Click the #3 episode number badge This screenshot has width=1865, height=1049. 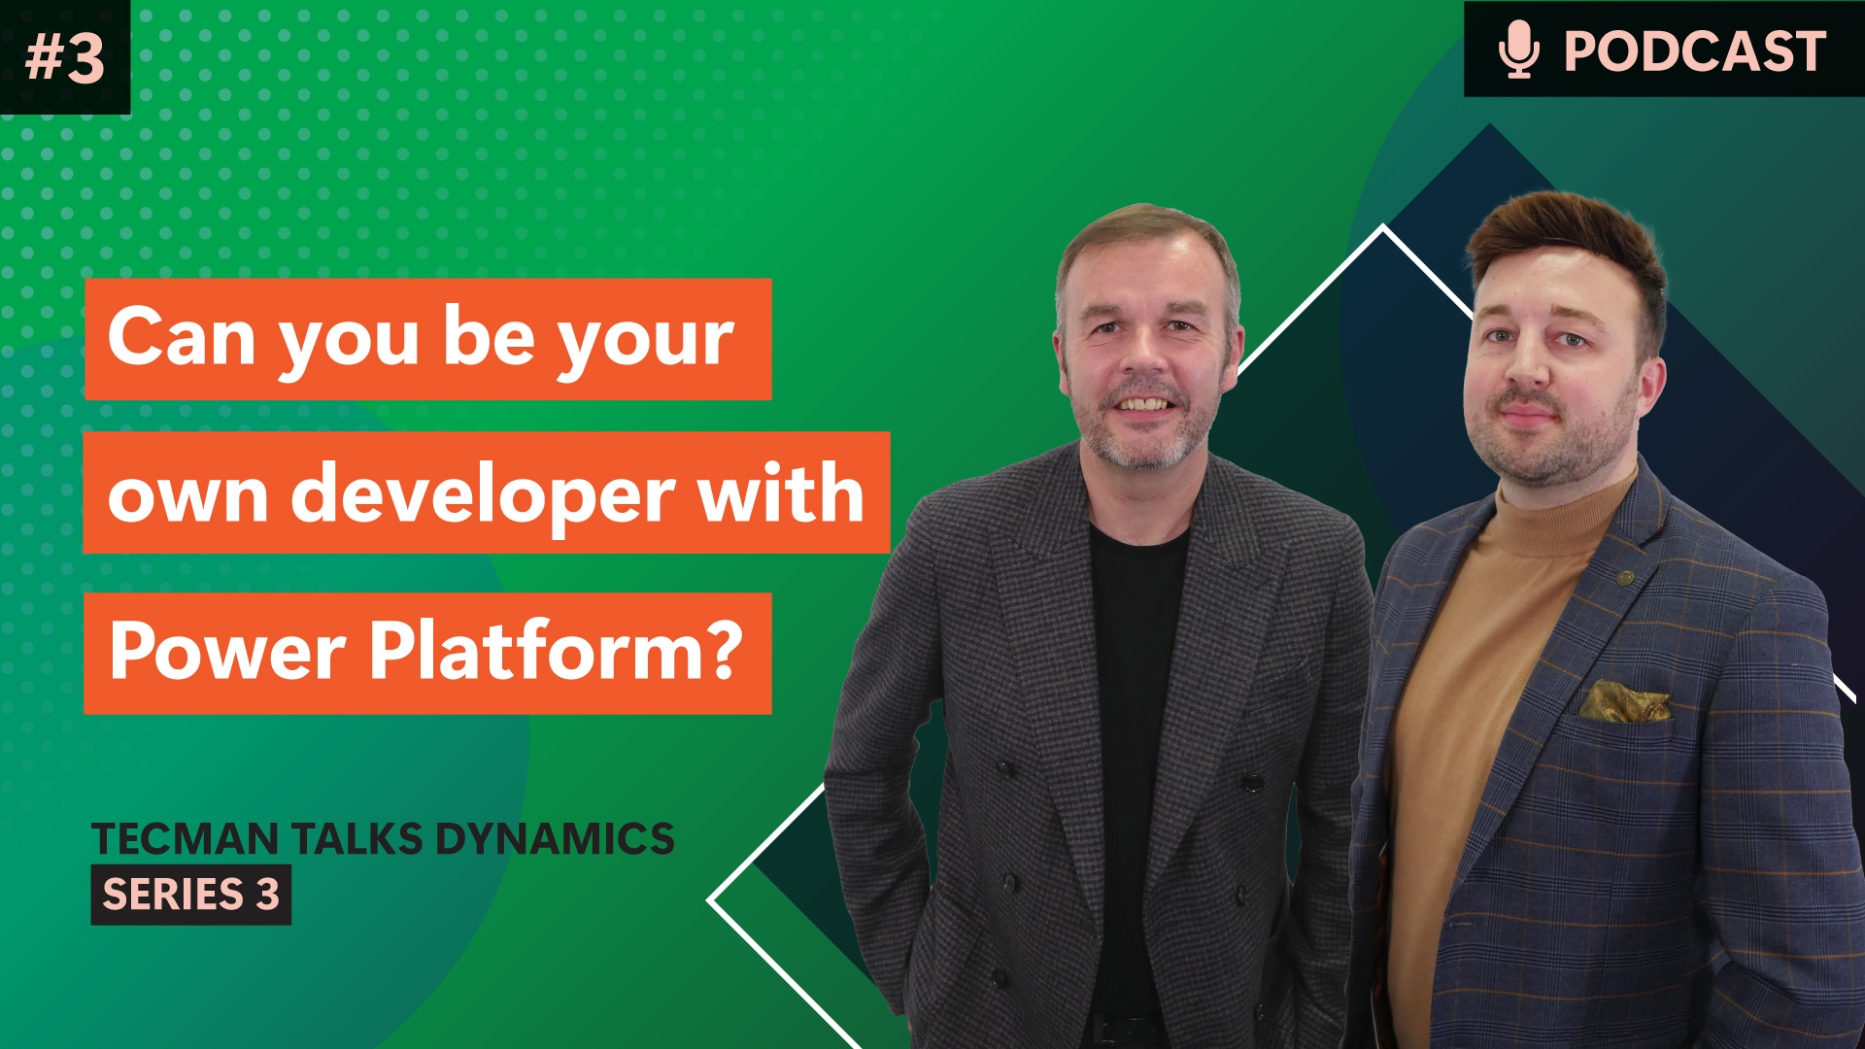[x=64, y=56]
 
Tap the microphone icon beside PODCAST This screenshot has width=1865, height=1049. [x=1518, y=50]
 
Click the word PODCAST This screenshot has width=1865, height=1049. [x=1695, y=51]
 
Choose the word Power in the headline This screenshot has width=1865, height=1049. [x=227, y=651]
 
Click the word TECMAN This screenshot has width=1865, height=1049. [x=185, y=839]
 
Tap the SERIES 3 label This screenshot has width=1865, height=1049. [x=191, y=895]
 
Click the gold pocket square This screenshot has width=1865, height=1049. [x=1624, y=700]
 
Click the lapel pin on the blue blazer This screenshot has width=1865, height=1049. [x=1625, y=578]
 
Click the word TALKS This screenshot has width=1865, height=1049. [x=357, y=839]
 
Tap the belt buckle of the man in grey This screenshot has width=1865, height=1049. [x=1117, y=1031]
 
